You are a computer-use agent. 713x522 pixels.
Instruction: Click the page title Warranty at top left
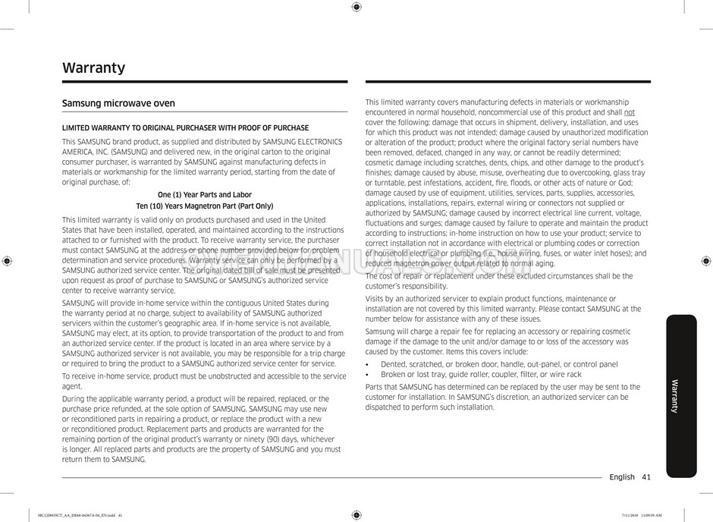(93, 68)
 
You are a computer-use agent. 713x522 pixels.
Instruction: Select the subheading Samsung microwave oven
(118, 103)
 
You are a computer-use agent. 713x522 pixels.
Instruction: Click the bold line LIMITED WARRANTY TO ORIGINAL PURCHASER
(185, 128)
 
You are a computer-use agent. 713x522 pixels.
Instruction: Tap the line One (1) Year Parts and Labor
(204, 194)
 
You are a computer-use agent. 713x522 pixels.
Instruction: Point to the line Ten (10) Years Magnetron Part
(204, 206)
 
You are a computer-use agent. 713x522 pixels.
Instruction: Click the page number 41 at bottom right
(645, 477)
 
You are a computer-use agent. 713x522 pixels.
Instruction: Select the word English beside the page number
(622, 477)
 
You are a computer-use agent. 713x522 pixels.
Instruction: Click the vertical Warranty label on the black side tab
(675, 396)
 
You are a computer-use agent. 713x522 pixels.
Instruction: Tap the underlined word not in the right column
(630, 112)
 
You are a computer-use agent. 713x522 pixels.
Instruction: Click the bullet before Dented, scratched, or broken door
(367, 365)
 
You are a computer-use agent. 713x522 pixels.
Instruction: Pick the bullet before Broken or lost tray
(367, 375)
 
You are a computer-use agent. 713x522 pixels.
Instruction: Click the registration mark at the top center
(356, 7)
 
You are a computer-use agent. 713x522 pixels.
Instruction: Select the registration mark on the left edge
(7, 260)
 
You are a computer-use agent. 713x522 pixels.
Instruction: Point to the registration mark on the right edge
(705, 260)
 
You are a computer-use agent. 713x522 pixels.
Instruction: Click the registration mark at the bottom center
(356, 515)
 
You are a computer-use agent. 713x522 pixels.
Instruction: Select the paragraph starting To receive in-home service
(203, 381)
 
